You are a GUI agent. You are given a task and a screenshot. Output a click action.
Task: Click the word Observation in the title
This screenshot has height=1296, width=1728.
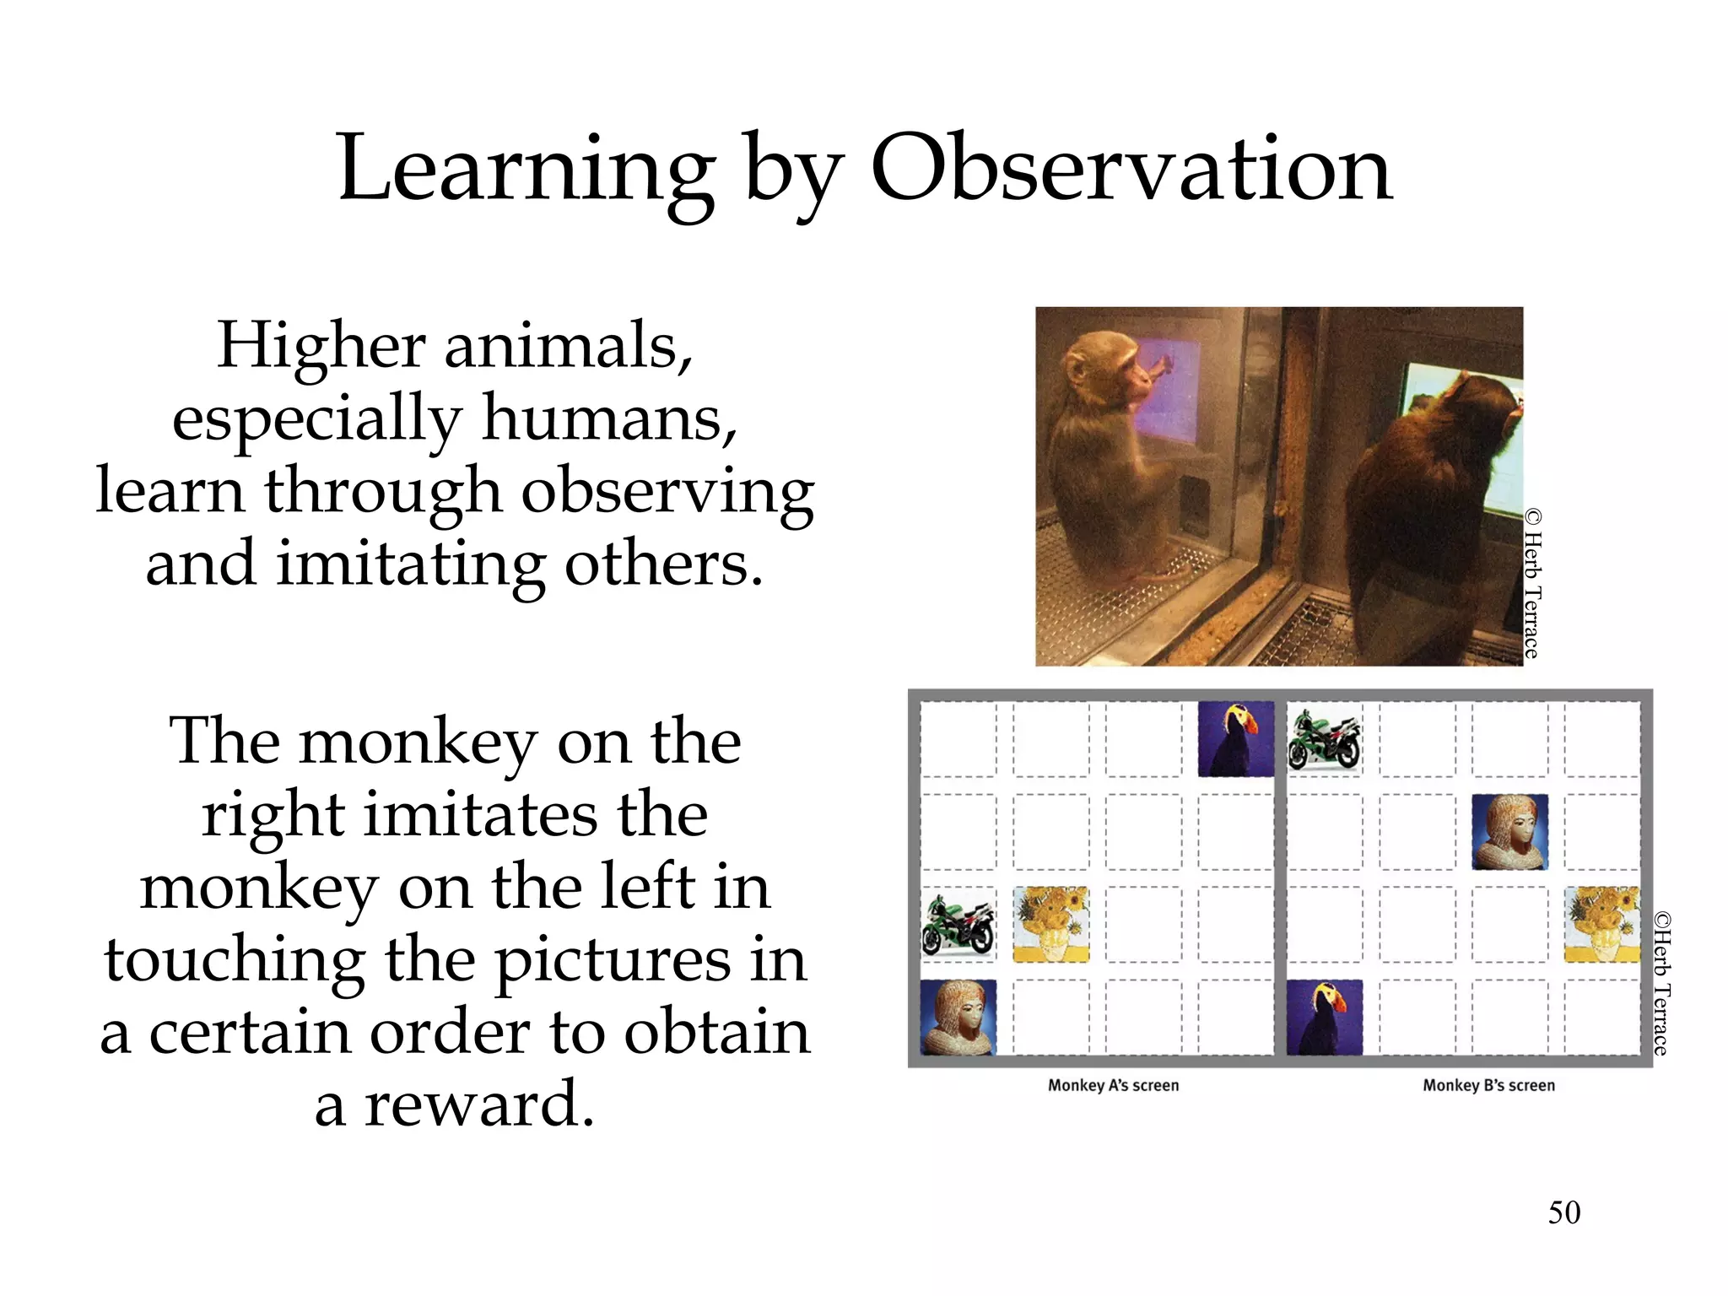(1131, 169)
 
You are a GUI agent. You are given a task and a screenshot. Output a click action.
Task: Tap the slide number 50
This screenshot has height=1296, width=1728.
(1563, 1212)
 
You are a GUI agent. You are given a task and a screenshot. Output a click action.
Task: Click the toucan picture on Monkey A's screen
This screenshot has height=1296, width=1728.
(1236, 738)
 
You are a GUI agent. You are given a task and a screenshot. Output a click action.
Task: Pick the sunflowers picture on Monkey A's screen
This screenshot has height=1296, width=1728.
(1050, 925)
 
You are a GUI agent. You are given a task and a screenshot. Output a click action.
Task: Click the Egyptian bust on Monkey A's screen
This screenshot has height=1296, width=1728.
(958, 1018)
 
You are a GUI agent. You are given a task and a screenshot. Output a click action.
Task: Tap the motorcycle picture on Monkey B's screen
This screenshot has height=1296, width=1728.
(1325, 739)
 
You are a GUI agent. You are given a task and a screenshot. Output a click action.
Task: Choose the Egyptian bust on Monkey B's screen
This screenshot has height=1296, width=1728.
(1509, 832)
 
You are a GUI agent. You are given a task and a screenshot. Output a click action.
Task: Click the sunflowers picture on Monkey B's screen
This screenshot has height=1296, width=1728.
(1601, 925)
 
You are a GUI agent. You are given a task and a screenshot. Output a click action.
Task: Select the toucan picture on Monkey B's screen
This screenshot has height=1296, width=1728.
(1325, 1018)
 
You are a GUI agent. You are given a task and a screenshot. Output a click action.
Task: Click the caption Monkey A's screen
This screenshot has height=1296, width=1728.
(1113, 1086)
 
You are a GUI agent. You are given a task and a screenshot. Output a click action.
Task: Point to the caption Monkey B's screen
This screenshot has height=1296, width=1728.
(1488, 1086)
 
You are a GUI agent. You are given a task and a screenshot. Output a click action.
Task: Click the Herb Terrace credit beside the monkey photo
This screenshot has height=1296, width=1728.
(1533, 582)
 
